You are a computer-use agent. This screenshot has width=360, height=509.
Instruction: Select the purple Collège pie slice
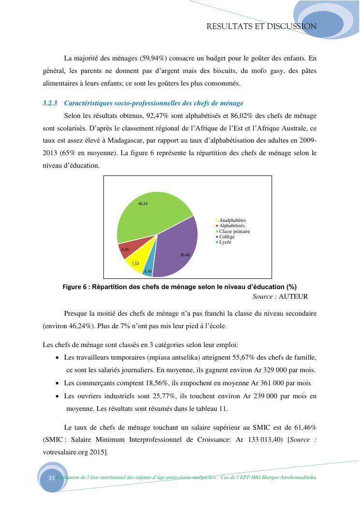176,247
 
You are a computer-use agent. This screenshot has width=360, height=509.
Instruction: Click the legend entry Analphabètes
232,220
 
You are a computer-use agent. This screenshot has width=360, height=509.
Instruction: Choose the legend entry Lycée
225,242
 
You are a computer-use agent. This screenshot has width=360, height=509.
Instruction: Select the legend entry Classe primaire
234,231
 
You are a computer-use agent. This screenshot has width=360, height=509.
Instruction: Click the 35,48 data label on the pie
185,254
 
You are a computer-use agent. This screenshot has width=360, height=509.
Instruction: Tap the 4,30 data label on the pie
148,272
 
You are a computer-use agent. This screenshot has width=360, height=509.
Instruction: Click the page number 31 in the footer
52,478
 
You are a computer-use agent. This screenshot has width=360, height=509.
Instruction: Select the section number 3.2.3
50,103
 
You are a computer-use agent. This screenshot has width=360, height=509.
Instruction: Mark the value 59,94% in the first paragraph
154,58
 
